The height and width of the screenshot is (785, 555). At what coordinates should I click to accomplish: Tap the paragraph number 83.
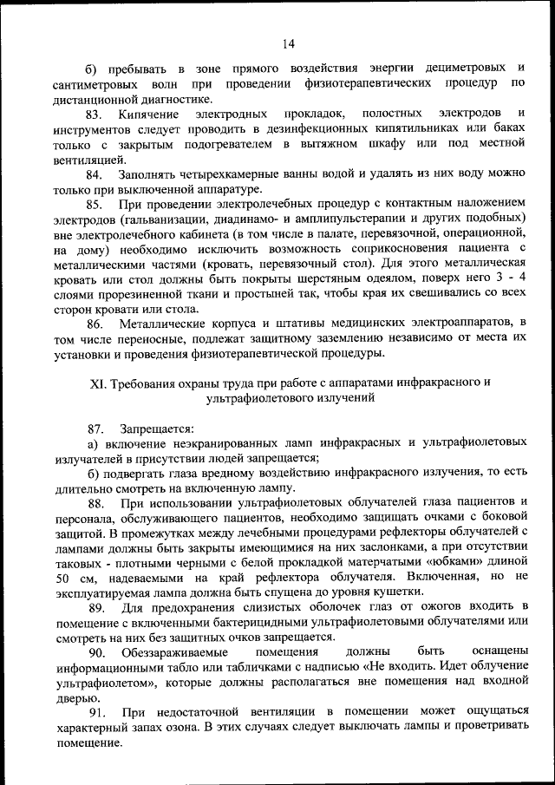(x=95, y=114)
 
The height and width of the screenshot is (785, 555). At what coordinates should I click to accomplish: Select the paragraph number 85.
(x=95, y=204)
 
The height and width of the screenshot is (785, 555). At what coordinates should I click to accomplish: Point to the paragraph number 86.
(x=95, y=323)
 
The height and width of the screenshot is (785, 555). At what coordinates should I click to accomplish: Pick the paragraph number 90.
(x=95, y=651)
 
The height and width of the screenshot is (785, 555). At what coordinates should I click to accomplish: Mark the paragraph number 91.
(x=95, y=711)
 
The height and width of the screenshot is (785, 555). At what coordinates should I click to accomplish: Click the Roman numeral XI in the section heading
(x=98, y=383)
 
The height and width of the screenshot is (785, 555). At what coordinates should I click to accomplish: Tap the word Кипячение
(x=150, y=114)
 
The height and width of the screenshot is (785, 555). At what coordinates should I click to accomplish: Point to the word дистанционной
(x=99, y=100)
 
